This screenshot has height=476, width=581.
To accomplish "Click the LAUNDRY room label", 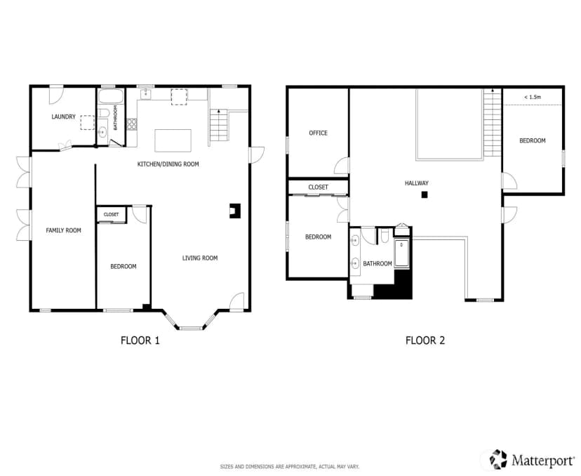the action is coord(63,117).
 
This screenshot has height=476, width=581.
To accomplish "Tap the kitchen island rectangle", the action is coord(173,140).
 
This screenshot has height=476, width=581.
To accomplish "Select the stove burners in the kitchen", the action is coord(131,124).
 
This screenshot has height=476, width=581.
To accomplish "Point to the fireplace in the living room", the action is coord(235,211).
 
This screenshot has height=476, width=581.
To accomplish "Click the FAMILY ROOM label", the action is coord(63,230).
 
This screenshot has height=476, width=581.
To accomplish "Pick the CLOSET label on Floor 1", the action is coord(111,215).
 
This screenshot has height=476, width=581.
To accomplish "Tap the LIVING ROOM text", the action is coord(200,258).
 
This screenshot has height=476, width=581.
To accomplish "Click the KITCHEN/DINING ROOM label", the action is coord(168,164).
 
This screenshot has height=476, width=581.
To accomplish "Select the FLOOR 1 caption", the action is coord(140,341).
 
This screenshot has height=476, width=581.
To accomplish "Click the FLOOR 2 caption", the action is coord(425,341).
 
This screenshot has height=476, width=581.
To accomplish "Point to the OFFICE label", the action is coord(319,133).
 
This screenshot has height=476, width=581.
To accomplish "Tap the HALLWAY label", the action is coord(417,183).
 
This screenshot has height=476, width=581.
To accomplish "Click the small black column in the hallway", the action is coord(425,194).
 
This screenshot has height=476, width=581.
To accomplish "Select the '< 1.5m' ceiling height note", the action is coord(533,97).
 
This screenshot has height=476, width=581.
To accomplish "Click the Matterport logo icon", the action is coord(498,459).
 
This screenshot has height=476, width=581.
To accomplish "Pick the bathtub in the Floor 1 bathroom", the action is coord(111,96).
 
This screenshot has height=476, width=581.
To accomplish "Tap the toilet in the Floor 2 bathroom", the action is coord(385,236).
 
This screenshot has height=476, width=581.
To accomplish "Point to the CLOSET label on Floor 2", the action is coord(319,187).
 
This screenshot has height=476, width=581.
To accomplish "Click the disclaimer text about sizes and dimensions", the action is coord(290,467).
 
